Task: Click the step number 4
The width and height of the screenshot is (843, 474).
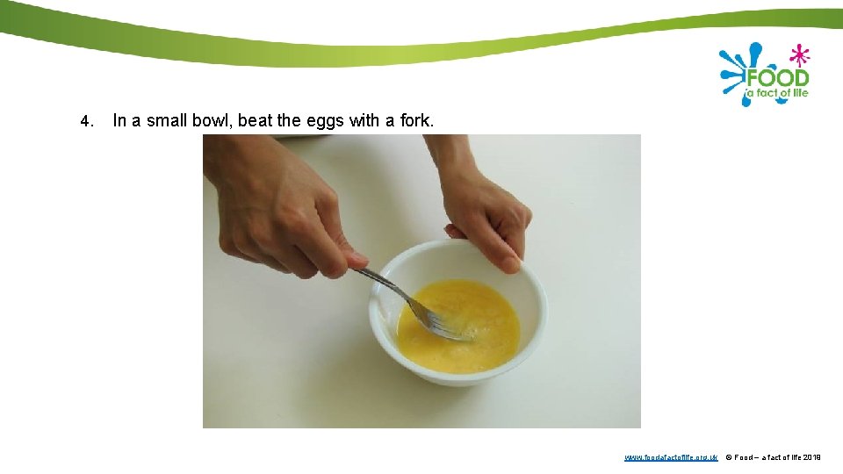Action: click(85, 121)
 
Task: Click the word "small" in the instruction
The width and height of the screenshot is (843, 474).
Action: click(166, 120)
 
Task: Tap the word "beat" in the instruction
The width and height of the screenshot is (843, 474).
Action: click(255, 120)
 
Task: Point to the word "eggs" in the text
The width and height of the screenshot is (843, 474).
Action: click(325, 121)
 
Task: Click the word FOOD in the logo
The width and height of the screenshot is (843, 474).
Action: click(776, 77)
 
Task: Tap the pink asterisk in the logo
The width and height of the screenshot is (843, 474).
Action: click(798, 55)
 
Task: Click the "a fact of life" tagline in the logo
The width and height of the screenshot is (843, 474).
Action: click(777, 93)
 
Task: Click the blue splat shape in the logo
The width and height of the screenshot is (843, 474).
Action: click(734, 70)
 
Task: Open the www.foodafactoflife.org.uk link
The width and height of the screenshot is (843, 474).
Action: click(671, 457)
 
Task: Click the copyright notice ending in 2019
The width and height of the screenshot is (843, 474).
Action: click(773, 457)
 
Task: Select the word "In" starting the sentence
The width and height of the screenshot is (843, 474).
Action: click(120, 120)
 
